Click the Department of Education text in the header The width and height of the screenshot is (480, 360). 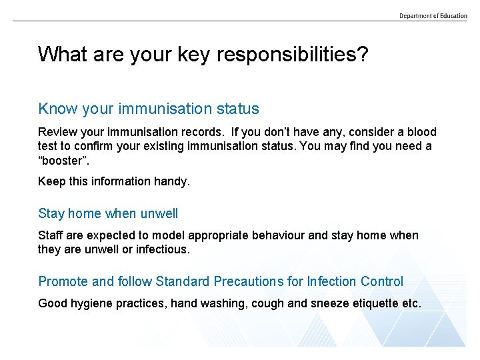[433, 15]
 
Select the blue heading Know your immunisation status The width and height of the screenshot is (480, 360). [149, 109]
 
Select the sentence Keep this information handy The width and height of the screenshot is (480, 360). [114, 181]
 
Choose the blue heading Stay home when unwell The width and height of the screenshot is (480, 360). [108, 213]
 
